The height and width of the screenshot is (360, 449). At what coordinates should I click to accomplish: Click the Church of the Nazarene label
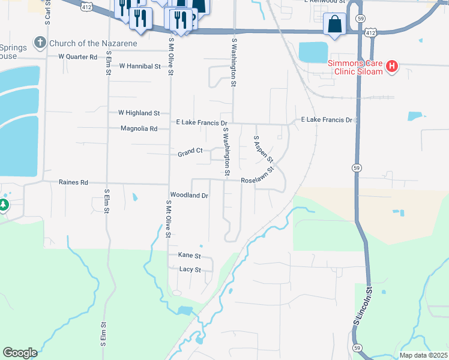[x=93, y=43]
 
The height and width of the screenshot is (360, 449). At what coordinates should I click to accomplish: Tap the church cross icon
[x=40, y=43]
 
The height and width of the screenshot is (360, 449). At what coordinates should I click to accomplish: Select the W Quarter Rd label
[x=77, y=57]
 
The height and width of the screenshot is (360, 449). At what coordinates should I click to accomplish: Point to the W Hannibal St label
[x=140, y=66]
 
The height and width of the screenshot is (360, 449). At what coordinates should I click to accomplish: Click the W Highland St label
[x=139, y=113]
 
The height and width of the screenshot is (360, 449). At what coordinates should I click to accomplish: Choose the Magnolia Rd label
[x=139, y=128]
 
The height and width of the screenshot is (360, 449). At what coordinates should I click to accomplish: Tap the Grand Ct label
[x=190, y=154]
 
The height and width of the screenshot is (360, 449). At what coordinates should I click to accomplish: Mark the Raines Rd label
[x=73, y=182]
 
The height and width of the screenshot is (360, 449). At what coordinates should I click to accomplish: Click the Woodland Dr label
[x=189, y=196]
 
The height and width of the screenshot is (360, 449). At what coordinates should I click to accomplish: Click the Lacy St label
[x=190, y=269]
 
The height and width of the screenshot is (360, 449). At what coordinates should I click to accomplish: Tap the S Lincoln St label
[x=363, y=306]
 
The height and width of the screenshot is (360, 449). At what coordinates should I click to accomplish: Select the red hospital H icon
[x=391, y=66]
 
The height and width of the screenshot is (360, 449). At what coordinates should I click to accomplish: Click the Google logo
[x=20, y=353]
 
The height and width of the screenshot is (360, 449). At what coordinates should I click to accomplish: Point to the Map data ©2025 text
[x=423, y=355]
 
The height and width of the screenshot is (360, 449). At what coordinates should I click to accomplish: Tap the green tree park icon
[x=4, y=206]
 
